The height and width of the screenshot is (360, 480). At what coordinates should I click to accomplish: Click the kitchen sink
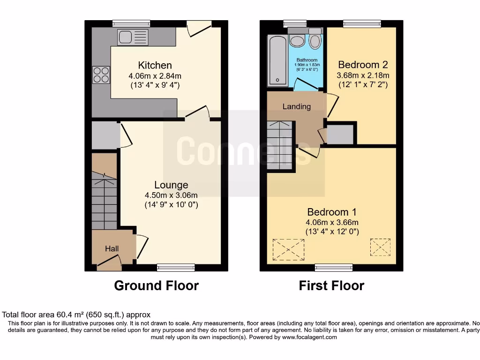tap(133, 37)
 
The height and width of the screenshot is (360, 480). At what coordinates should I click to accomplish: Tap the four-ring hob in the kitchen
tap(102, 75)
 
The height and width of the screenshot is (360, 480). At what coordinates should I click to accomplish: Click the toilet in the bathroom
tap(315, 40)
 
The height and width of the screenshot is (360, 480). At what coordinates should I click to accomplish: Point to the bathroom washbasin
tap(296, 40)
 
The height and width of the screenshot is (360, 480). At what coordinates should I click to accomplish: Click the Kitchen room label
tap(155, 65)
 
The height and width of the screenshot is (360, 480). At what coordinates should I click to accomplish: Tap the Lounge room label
tap(171, 185)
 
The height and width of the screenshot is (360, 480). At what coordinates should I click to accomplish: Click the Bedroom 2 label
tap(363, 65)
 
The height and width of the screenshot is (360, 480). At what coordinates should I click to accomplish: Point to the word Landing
tap(296, 106)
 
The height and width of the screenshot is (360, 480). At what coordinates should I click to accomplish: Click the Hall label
tap(112, 249)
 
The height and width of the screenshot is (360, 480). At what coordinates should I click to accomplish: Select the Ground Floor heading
tap(156, 285)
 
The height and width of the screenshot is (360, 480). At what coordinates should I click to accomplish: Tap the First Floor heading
tap(331, 285)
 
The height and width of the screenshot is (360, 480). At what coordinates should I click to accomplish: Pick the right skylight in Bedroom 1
tap(380, 247)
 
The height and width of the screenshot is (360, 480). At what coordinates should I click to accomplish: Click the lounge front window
tap(176, 268)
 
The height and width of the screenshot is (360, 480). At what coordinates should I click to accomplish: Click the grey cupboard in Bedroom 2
tap(340, 135)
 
